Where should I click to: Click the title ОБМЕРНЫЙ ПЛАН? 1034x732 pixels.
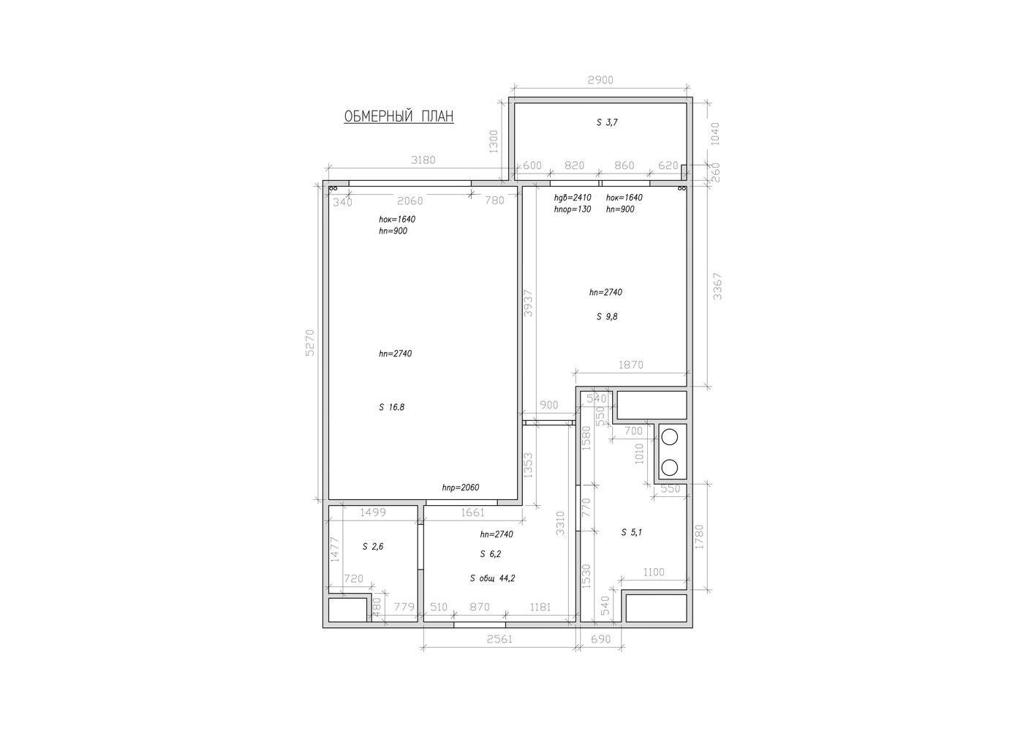[399, 116]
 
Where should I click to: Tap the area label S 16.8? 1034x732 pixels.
[391, 407]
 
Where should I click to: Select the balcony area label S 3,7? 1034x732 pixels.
[607, 122]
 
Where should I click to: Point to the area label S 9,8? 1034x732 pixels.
[607, 316]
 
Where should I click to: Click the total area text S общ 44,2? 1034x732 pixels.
[492, 578]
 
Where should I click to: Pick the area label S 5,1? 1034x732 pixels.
[632, 532]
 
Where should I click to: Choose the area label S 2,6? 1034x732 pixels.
[372, 547]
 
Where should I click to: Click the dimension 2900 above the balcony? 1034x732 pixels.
[600, 80]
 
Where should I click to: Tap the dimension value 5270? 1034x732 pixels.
[310, 343]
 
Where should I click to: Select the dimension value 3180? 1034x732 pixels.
[423, 160]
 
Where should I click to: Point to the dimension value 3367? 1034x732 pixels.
[717, 286]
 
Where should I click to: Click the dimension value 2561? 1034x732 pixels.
[499, 639]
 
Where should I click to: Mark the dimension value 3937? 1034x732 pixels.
[529, 303]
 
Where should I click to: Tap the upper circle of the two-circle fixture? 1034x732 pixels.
[669, 437]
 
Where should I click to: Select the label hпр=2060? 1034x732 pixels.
[461, 488]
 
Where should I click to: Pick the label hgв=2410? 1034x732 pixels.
[573, 198]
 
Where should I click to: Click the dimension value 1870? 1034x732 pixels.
[630, 365]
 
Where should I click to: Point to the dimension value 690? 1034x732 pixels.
[600, 639]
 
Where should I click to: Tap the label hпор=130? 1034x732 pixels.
[573, 209]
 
